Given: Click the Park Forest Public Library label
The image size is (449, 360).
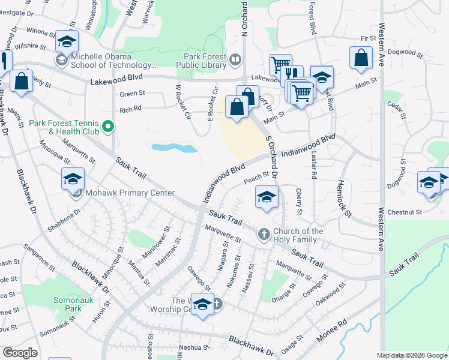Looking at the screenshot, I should (204, 58).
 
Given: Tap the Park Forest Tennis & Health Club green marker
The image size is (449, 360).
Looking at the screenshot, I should (108, 126).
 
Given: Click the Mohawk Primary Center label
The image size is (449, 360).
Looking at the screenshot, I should (130, 193).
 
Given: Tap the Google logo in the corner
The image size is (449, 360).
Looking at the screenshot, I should (20, 352).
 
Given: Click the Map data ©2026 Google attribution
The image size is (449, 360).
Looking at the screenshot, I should (411, 355).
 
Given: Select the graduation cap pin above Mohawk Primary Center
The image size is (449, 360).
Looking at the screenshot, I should (73, 179).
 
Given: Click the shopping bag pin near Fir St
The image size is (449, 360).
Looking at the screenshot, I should (361, 58).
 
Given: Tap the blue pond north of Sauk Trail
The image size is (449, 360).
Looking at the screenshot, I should (175, 147).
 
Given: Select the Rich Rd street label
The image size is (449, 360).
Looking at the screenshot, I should (130, 110).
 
